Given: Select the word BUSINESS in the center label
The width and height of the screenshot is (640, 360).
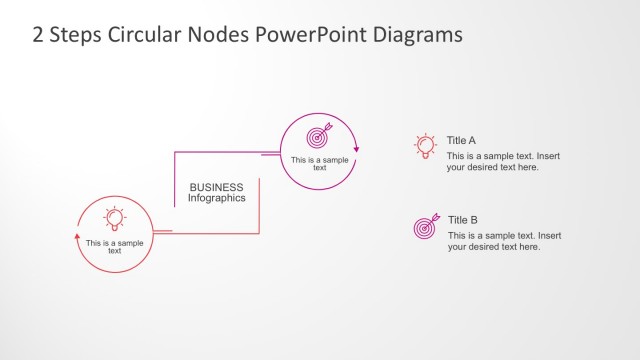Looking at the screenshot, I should click(x=216, y=187).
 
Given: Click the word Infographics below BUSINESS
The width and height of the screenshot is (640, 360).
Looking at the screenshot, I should click(x=216, y=198).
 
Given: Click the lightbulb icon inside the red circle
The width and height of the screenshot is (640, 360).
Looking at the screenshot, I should click(x=115, y=218).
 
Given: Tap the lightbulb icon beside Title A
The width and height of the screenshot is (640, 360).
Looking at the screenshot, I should click(x=425, y=146).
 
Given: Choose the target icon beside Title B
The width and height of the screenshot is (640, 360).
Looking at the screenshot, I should click(x=426, y=226).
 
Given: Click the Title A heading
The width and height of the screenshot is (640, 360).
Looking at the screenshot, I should click(x=461, y=141).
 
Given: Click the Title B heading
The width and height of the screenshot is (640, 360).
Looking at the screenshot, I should click(x=463, y=220).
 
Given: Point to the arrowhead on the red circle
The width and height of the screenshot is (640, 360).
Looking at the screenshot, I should click(x=78, y=236).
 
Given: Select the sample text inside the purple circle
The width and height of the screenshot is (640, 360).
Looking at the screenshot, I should click(x=319, y=163).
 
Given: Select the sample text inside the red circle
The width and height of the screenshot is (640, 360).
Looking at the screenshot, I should click(x=115, y=247).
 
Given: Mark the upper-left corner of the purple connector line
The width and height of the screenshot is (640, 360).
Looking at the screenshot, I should click(x=176, y=152).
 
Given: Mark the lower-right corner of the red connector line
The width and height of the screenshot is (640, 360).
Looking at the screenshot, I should click(x=259, y=233).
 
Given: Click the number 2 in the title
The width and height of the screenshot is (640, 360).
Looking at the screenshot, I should click(x=38, y=35).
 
